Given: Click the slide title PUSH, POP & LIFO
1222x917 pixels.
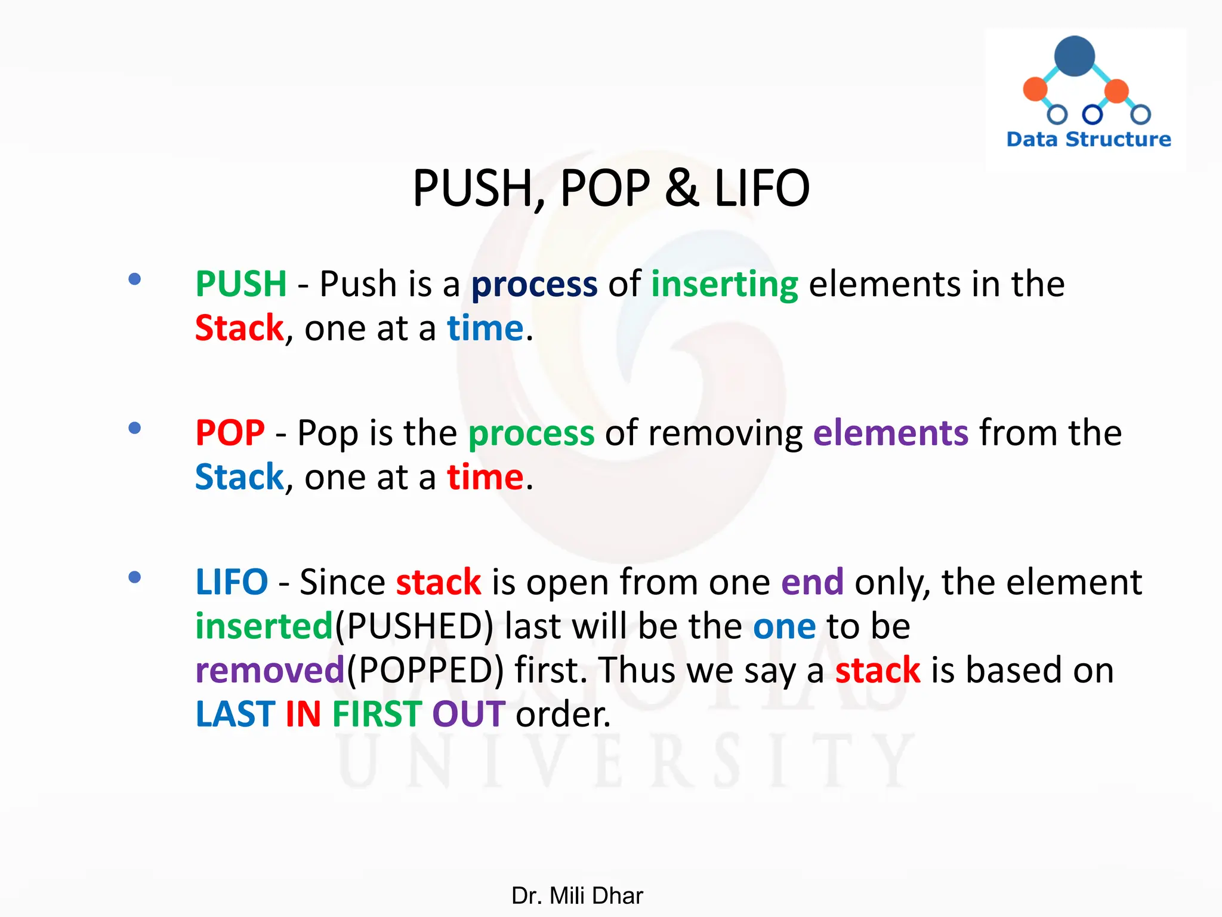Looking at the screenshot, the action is click(611, 189).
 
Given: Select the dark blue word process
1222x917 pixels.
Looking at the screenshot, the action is click(534, 285).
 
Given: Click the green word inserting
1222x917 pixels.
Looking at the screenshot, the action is click(724, 285).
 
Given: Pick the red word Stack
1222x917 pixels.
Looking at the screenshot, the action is click(239, 328).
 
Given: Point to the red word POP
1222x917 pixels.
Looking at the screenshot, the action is click(230, 433).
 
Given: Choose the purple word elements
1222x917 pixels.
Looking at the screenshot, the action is click(890, 433).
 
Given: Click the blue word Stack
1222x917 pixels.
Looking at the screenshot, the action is click(239, 477).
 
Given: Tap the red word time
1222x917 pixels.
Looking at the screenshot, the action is click(485, 478).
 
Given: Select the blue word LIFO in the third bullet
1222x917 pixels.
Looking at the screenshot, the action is click(232, 582).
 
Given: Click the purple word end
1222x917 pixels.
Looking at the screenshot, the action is click(812, 582).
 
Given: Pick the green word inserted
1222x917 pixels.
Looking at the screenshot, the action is click(264, 626).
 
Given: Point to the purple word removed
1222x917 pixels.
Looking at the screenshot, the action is click(270, 670).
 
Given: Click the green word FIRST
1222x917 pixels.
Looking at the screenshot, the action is click(377, 714).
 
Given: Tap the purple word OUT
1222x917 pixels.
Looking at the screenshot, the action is click(468, 714).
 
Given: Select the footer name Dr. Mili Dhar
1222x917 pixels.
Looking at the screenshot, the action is click(577, 896).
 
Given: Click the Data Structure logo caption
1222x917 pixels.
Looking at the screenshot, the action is click(1088, 139).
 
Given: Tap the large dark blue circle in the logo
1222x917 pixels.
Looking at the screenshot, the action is click(1074, 57).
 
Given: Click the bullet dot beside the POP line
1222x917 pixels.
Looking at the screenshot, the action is click(135, 428).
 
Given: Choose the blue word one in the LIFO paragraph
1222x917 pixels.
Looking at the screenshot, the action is click(784, 627).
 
